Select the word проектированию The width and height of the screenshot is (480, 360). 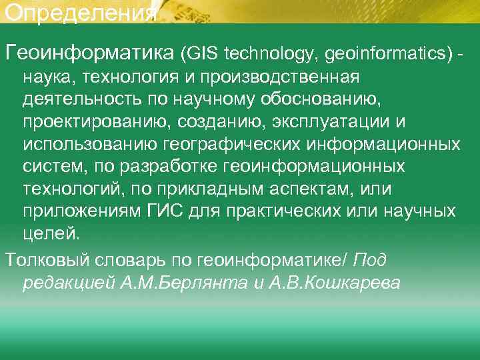(93, 122)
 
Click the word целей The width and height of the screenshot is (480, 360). (50, 235)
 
